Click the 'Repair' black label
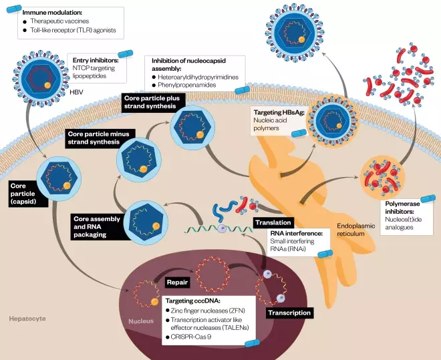point(177,283)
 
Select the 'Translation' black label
point(273,222)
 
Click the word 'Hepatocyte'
point(27,319)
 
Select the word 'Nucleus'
point(140,321)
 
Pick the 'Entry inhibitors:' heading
point(96,61)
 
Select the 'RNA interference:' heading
point(296,233)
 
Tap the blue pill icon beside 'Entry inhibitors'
point(126,53)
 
